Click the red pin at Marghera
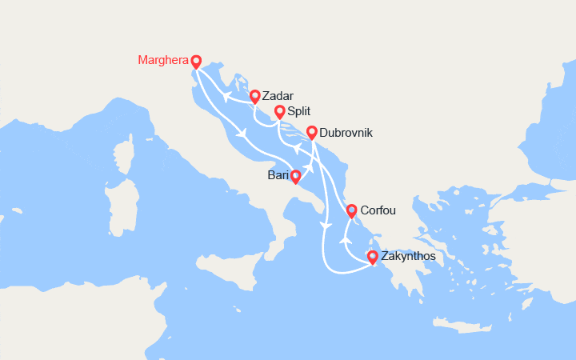coord(196,62)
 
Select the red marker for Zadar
coord(254,97)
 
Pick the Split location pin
coord(279,112)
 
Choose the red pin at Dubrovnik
coord(312,132)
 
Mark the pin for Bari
coord(295,176)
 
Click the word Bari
coord(278,174)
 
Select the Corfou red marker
coord(350,211)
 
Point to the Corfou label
coord(378,211)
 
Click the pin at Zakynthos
coord(372,257)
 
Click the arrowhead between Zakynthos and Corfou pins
coord(345,239)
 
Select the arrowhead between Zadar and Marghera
coord(226,98)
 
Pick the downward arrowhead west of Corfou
coord(324,227)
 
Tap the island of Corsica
coord(124,156)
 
